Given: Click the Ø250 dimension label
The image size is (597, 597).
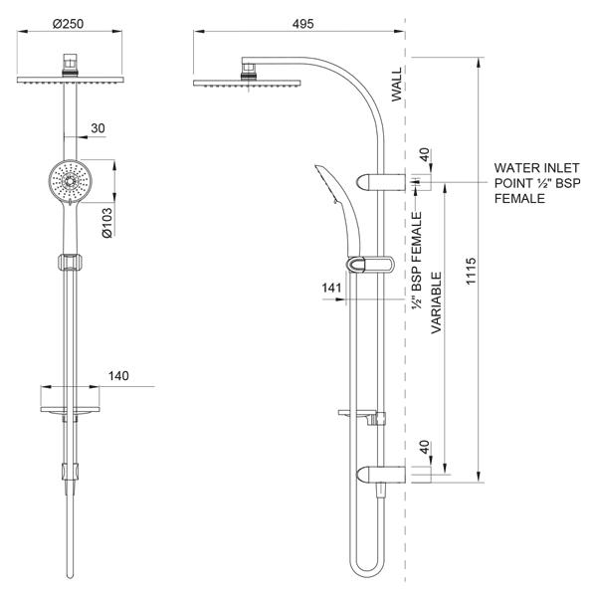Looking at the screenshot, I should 67,24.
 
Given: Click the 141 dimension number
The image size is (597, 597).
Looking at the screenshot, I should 332,289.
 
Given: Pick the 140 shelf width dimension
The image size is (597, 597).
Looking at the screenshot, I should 119,376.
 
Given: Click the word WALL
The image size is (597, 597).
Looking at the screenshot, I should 396,87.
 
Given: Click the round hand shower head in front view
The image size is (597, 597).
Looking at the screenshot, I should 67,181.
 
